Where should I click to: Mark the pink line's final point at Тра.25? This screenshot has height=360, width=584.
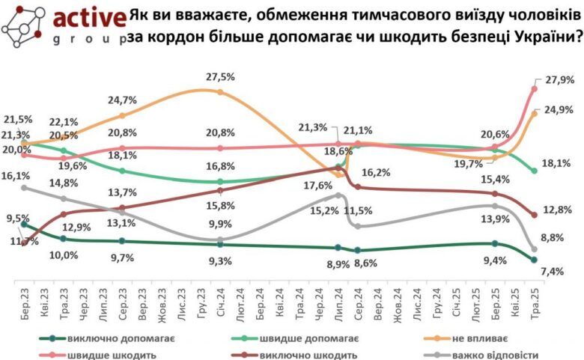535,88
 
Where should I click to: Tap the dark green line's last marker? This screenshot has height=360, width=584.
535,260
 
